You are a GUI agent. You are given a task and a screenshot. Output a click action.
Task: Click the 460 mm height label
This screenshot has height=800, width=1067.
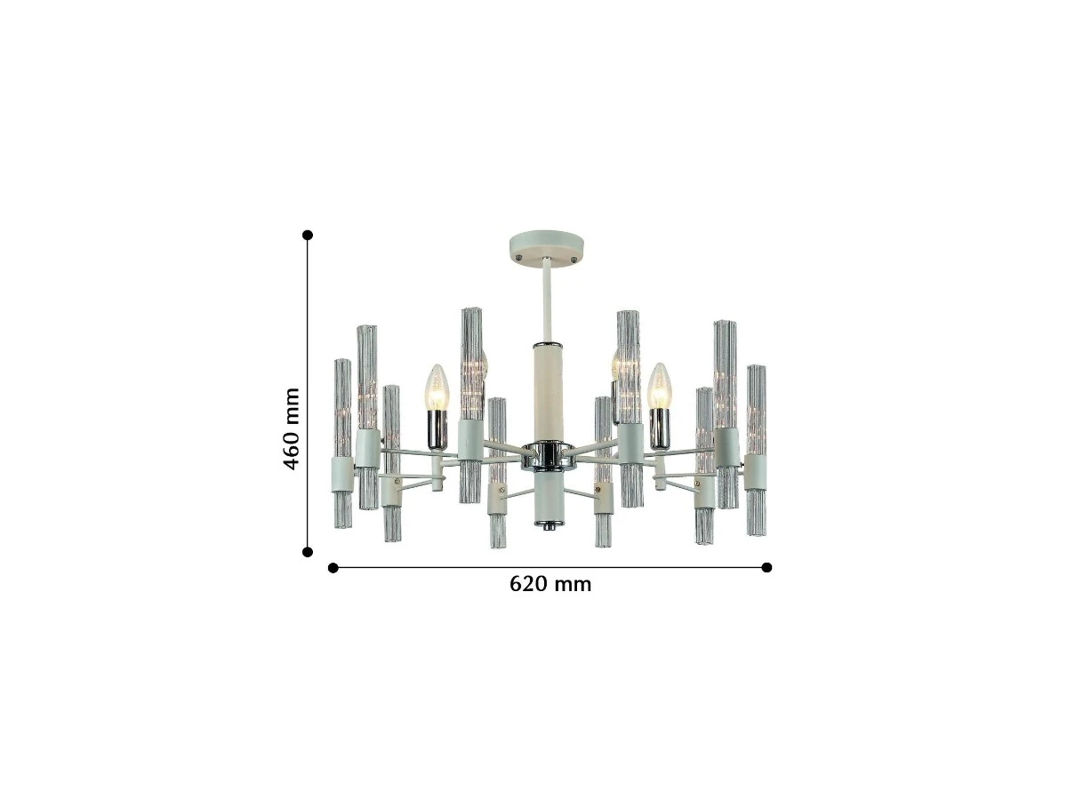pos(291,429)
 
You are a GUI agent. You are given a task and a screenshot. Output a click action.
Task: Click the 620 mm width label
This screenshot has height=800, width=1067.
pos(550,584)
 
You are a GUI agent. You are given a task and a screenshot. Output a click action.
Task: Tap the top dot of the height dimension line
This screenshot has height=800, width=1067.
pos(308,235)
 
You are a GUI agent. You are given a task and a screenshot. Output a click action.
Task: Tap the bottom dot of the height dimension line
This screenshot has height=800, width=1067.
pos(308,552)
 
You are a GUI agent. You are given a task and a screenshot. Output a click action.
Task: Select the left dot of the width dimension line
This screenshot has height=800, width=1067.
pos(333,568)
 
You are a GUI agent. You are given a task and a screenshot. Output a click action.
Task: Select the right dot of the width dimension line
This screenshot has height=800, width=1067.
pos(766,567)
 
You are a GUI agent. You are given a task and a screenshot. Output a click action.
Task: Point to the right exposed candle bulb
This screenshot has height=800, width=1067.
pos(660,386)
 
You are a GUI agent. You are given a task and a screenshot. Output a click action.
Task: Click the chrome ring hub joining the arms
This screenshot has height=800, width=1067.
pos(548,457)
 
